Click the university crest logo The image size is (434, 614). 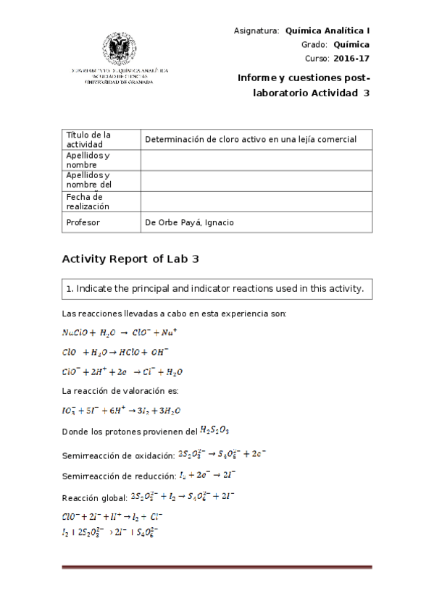click(x=117, y=49)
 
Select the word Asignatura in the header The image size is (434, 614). click(x=256, y=31)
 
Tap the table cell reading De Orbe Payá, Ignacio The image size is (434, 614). click(x=190, y=222)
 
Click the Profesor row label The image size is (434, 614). click(x=83, y=222)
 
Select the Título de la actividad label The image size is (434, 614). click(x=88, y=139)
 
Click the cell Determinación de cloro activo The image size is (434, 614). click(x=251, y=139)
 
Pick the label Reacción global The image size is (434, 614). click(x=93, y=497)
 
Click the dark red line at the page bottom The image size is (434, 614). click(x=217, y=567)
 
